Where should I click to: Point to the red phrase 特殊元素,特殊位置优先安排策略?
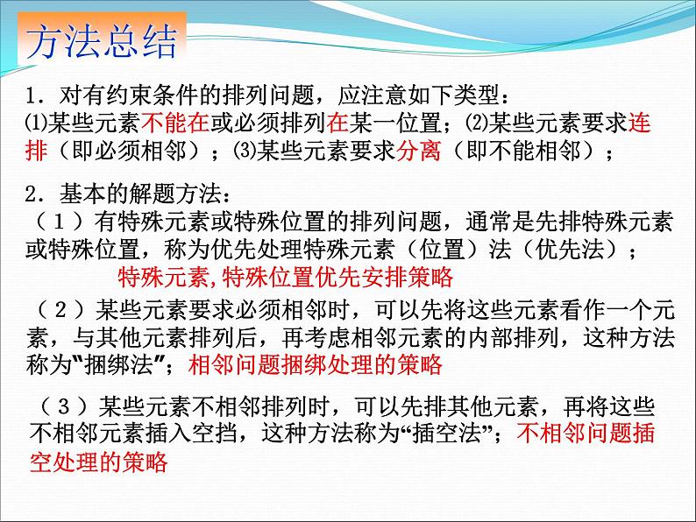284,278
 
